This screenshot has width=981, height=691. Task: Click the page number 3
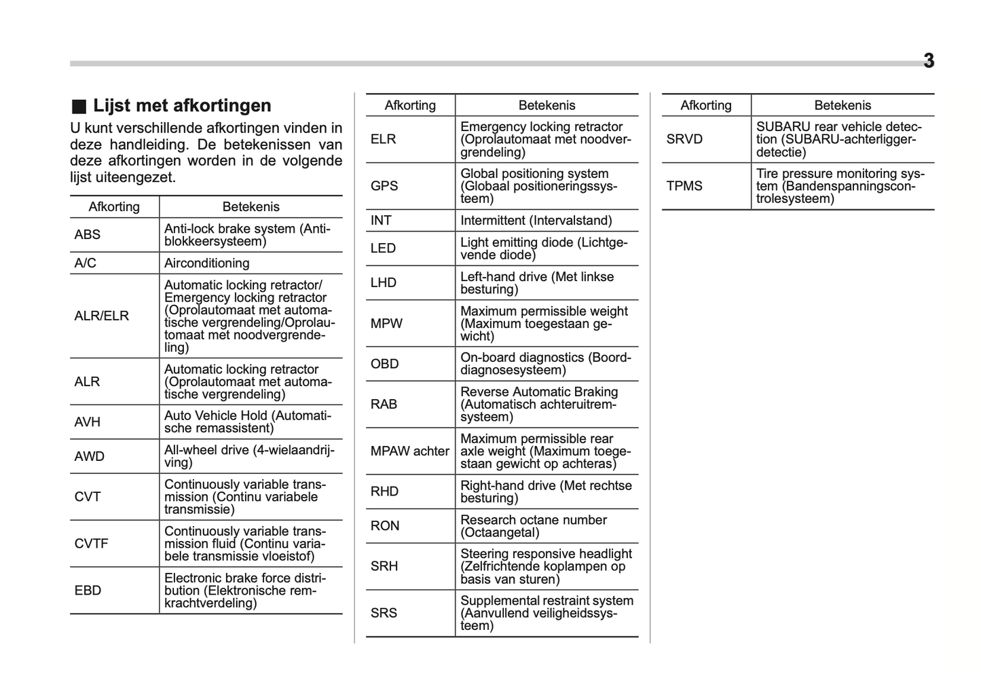click(928, 61)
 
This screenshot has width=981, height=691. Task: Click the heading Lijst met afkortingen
click(182, 105)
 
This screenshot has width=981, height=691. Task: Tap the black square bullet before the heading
click(79, 106)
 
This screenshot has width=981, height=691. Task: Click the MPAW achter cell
click(410, 451)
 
